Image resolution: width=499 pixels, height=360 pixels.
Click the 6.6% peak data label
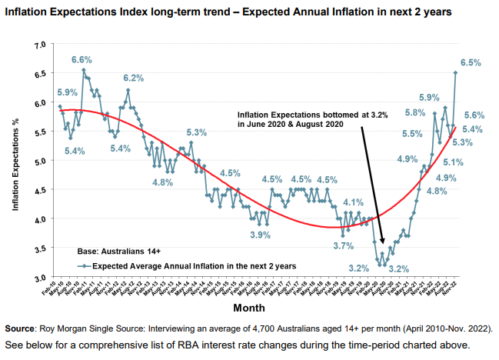pyautogui.click(x=82, y=59)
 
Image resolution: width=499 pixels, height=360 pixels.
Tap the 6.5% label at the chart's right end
pyautogui.click(x=471, y=62)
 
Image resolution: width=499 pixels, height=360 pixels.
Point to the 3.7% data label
pyautogui.click(x=343, y=245)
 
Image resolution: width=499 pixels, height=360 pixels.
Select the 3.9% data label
pyautogui.click(x=261, y=235)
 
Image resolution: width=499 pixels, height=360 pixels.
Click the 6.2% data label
pyautogui.click(x=134, y=78)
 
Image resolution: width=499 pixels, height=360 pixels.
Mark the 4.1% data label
pyautogui.click(x=352, y=202)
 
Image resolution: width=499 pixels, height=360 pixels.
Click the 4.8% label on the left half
pyautogui.click(x=162, y=182)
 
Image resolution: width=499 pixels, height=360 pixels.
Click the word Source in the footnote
pyautogui.click(x=22, y=329)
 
